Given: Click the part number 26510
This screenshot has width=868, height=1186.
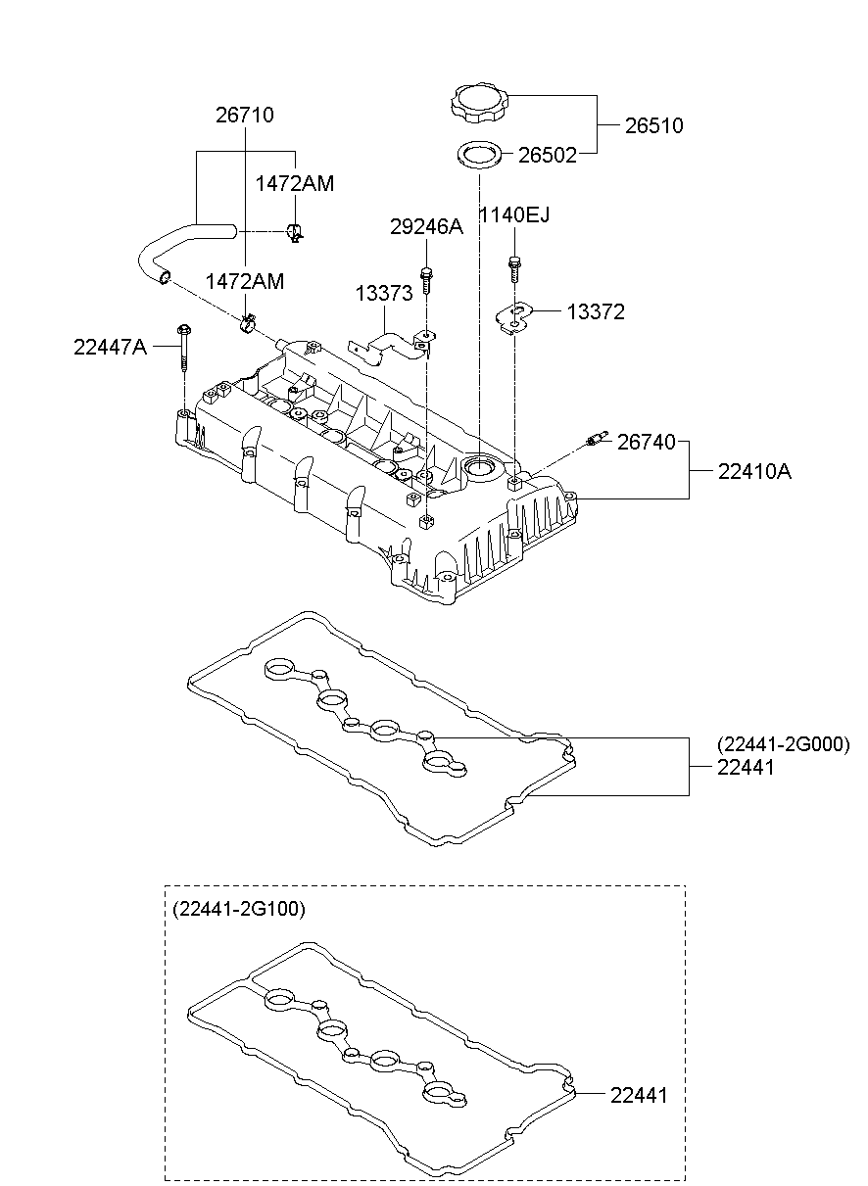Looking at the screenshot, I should coord(654,126).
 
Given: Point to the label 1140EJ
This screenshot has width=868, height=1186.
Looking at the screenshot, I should coord(513,214).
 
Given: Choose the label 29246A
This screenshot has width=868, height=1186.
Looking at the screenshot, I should coord(426,227).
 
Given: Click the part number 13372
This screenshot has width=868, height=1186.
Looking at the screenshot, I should coord(595,312).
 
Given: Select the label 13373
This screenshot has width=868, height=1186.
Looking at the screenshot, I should coord(383,294).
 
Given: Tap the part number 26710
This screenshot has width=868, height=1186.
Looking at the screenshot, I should coord(244,116).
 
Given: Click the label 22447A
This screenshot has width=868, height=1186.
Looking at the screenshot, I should coord(110,346).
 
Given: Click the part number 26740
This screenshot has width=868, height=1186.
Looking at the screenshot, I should coord(646,443).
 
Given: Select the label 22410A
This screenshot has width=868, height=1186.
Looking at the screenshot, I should coord(754,472).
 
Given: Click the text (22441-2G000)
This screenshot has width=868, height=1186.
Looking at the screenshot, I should coord(783,744).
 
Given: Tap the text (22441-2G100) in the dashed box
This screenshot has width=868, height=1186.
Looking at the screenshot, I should coord(239,909).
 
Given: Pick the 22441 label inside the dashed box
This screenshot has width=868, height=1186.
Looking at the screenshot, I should coord(638,1095).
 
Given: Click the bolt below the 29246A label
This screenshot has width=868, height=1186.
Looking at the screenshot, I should coord(426,278).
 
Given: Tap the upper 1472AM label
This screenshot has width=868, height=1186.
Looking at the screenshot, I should coord(295,183).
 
